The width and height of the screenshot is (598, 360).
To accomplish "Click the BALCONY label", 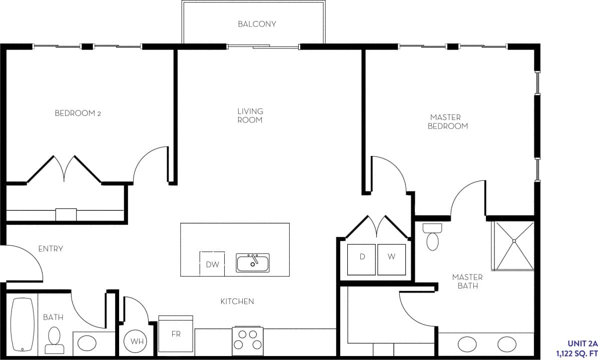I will (x=257, y=24).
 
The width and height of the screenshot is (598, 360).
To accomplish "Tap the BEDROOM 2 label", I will (x=78, y=113).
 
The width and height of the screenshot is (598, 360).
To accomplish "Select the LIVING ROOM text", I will (x=250, y=115).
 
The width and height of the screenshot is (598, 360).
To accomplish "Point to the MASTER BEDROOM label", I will (x=447, y=122).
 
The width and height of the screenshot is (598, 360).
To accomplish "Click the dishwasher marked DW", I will (x=212, y=264).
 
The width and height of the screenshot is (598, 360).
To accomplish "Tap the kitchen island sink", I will (x=253, y=262).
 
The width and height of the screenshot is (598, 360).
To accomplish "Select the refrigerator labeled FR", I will (x=176, y=334).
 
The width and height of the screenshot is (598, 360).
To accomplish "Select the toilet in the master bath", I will (x=432, y=237).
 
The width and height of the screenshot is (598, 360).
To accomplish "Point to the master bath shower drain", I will (x=513, y=241).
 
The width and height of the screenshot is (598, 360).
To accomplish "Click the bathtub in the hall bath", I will (x=23, y=324).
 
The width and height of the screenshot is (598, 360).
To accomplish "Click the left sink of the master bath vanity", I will (x=467, y=344).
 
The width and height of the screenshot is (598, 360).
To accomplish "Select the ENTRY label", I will (x=51, y=248).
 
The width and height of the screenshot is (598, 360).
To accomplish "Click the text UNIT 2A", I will (x=582, y=343).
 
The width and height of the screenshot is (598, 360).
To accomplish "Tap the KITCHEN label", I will (x=237, y=301).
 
